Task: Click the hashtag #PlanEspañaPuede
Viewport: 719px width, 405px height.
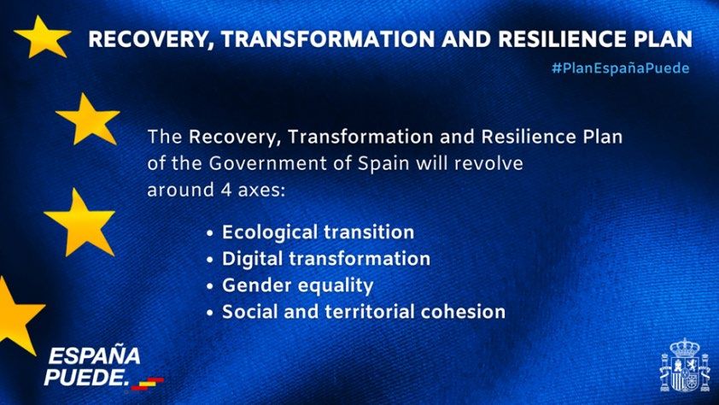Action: (621, 68)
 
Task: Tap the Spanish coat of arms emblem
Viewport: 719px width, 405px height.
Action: (685, 366)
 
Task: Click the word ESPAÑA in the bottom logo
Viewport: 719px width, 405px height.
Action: (94, 355)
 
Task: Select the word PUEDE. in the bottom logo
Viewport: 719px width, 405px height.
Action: (85, 377)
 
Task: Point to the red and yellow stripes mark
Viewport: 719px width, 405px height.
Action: (147, 384)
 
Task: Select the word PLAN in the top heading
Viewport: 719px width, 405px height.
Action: (663, 38)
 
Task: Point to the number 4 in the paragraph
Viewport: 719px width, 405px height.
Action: (226, 190)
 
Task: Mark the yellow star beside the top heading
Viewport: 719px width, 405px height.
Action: (42, 37)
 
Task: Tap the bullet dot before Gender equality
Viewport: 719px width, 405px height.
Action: (210, 286)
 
